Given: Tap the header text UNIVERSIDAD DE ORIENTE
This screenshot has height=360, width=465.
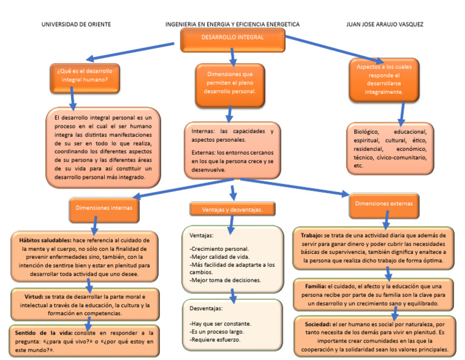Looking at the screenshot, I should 76,24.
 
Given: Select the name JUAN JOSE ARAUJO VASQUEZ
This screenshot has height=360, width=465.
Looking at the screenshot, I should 384,24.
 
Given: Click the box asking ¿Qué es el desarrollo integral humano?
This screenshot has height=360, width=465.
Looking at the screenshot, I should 85,75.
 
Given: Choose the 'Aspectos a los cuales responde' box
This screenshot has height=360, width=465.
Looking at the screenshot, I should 384,79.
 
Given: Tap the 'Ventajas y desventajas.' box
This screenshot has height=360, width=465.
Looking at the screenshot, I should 231,209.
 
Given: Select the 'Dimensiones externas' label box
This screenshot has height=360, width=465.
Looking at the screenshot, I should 383,204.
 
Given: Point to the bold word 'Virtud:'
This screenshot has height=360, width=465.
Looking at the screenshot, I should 32,297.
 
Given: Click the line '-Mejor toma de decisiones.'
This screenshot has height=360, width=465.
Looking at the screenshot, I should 225,280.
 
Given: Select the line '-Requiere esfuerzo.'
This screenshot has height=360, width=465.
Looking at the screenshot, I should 215,339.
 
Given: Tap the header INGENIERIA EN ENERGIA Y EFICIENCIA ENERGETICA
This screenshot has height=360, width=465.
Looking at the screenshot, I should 232,24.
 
